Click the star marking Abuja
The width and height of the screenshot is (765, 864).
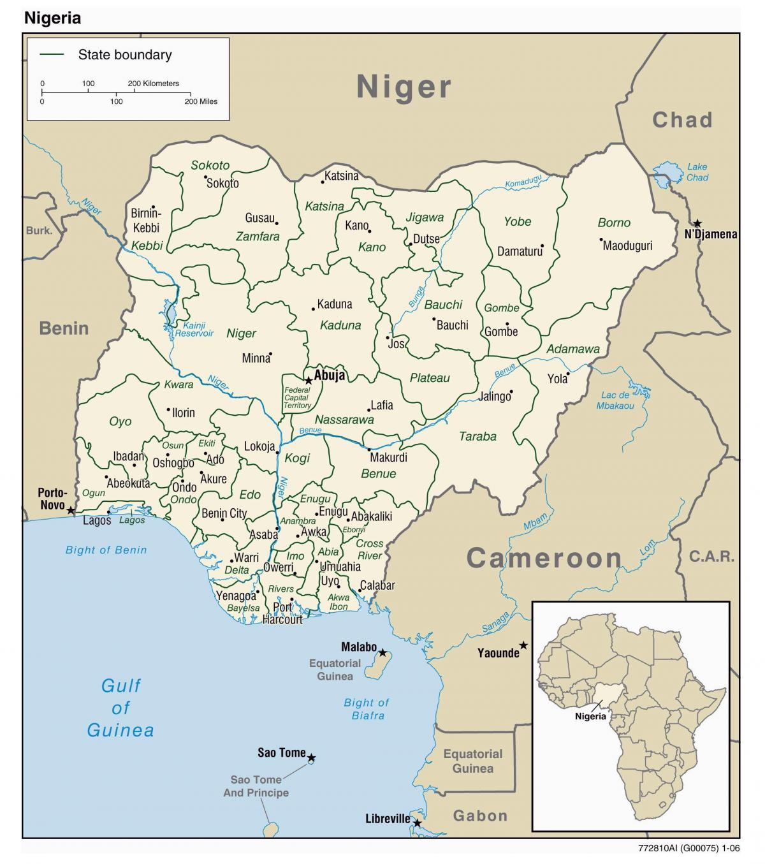click(309, 381)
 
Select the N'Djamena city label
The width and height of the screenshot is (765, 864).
click(710, 234)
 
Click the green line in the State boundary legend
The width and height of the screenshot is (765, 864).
click(52, 55)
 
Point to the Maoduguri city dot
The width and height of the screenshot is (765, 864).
click(601, 240)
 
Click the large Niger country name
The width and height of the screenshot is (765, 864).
click(404, 87)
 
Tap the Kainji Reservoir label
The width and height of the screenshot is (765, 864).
click(194, 328)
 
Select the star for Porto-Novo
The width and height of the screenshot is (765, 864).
click(71, 511)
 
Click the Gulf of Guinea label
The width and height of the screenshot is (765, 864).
click(120, 708)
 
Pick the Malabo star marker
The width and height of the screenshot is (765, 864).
click(382, 652)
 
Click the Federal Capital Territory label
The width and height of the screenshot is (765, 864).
click(297, 397)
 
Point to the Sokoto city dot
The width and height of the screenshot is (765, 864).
click(205, 177)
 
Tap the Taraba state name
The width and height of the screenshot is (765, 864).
click(477, 437)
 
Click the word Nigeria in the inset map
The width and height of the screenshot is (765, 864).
click(590, 716)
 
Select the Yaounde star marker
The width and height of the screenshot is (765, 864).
click(523, 645)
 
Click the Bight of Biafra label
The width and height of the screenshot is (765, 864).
click(367, 708)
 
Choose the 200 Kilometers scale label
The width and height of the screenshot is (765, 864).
click(154, 84)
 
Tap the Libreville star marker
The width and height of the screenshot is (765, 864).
click(418, 823)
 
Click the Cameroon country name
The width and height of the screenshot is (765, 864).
click(544, 559)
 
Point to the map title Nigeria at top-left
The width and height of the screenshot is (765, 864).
click(53, 18)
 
